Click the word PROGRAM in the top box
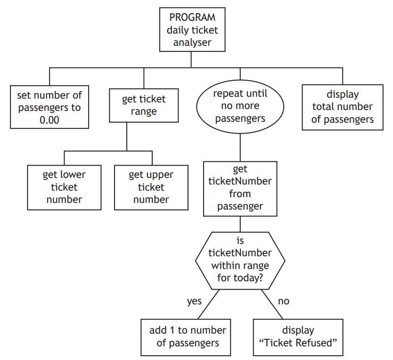point(192,17)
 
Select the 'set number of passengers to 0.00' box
point(49,107)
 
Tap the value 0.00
point(49,120)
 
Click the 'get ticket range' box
point(144,105)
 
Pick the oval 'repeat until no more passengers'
point(240,106)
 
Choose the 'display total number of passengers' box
point(343,107)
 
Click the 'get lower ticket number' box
point(64,187)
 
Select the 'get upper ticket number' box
point(151,187)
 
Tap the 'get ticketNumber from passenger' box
point(240,188)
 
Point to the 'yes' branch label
point(194,301)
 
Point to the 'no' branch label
point(283,301)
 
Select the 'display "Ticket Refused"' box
point(298,336)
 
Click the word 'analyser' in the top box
point(192,42)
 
